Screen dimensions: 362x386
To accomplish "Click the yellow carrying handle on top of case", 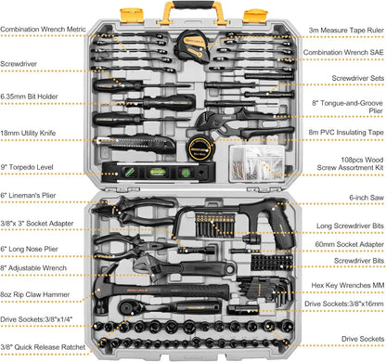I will click(x=193, y=11).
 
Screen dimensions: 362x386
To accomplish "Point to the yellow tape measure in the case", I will click(x=203, y=43).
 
